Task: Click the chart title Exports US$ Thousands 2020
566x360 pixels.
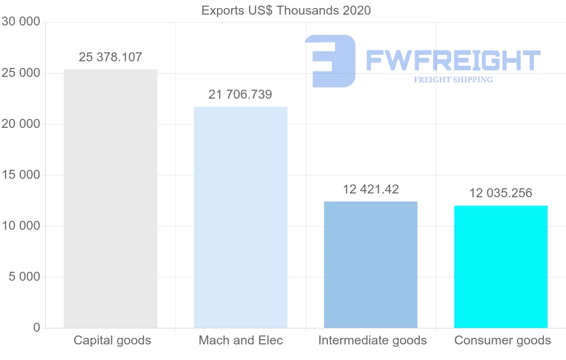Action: click(x=286, y=11)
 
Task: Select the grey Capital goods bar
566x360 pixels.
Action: click(x=110, y=199)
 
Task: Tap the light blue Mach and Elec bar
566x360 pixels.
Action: click(x=241, y=218)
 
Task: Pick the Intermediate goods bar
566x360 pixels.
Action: click(x=371, y=265)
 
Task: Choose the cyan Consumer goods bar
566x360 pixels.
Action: click(x=501, y=267)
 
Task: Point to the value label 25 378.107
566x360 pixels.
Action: click(x=110, y=57)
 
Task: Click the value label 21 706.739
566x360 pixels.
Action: click(x=240, y=94)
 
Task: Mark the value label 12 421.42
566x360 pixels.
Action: click(x=371, y=189)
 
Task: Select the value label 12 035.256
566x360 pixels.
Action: click(x=501, y=193)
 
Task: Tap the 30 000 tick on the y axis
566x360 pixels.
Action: click(x=21, y=22)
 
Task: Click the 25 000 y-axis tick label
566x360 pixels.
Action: click(x=21, y=73)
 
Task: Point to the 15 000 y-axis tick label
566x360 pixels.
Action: click(x=21, y=175)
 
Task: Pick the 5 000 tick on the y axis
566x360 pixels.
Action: click(x=24, y=277)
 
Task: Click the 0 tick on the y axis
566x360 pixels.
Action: click(x=37, y=327)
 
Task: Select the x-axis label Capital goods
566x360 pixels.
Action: click(x=112, y=341)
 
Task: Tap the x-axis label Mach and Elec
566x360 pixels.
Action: click(x=241, y=340)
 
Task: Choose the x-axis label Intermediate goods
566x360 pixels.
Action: click(x=373, y=341)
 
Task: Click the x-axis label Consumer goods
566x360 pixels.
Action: click(x=503, y=341)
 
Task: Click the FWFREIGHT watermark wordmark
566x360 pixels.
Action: click(x=453, y=60)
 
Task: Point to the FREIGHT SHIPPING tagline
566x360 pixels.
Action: click(x=453, y=80)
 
